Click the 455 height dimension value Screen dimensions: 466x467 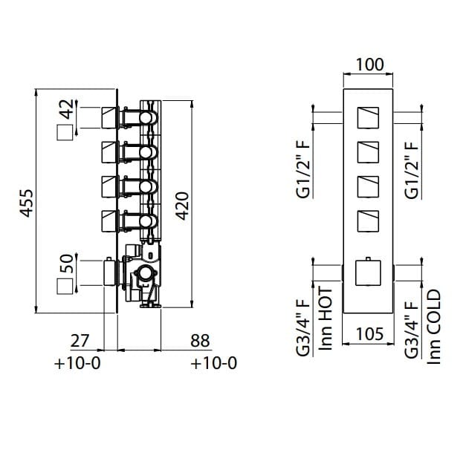coord(26,203)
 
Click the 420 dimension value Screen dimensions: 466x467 coord(182,206)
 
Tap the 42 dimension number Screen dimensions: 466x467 coord(66,109)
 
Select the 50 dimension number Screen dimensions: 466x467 coord(66,264)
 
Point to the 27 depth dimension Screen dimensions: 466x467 coord(80,341)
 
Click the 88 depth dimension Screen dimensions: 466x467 coord(200,341)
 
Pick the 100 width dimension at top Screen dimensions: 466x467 coord(369,65)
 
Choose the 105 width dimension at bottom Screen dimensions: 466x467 coord(369,334)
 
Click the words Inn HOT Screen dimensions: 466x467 coord(326,319)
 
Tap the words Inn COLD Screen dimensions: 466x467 coord(434,327)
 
